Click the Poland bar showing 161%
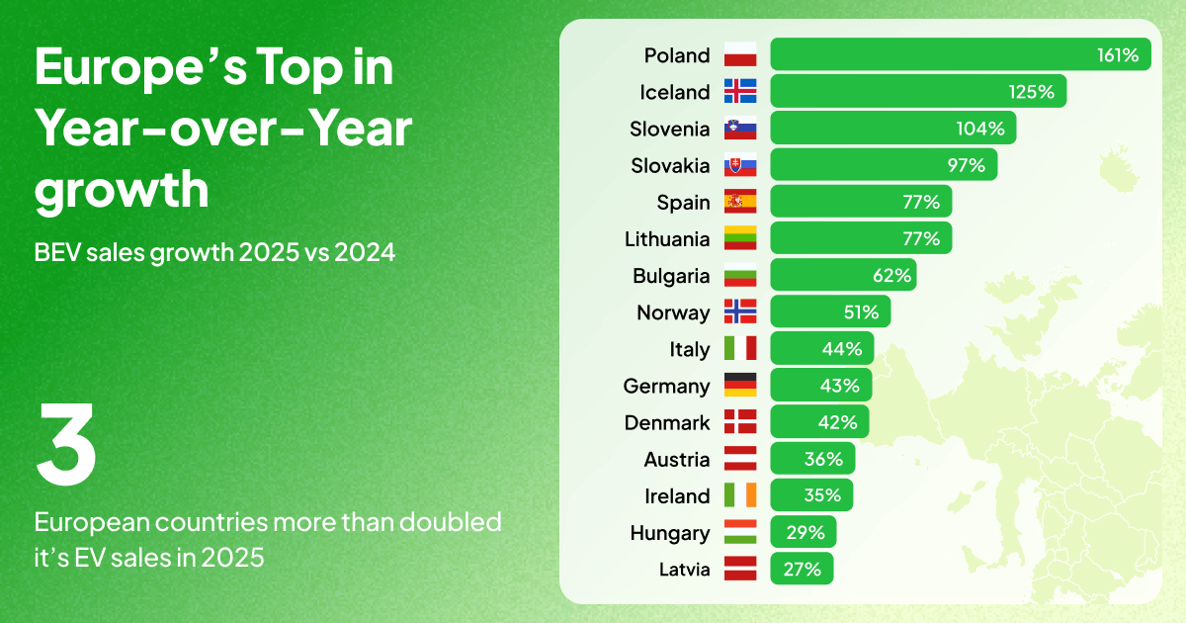[x=961, y=54]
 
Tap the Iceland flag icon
[x=740, y=91]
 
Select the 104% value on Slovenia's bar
[x=980, y=129]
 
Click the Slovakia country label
[x=670, y=165]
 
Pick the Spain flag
[x=740, y=202]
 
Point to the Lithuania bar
[x=861, y=238]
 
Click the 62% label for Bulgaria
[x=890, y=275]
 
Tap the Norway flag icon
[x=740, y=312]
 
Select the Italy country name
[x=689, y=349]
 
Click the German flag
[x=740, y=386]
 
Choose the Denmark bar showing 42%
[x=819, y=422]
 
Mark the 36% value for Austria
[x=822, y=459]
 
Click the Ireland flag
[x=740, y=495]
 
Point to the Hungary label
[x=669, y=533]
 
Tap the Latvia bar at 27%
[x=802, y=570]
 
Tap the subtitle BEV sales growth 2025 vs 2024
[x=214, y=252]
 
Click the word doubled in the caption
[x=454, y=521]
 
